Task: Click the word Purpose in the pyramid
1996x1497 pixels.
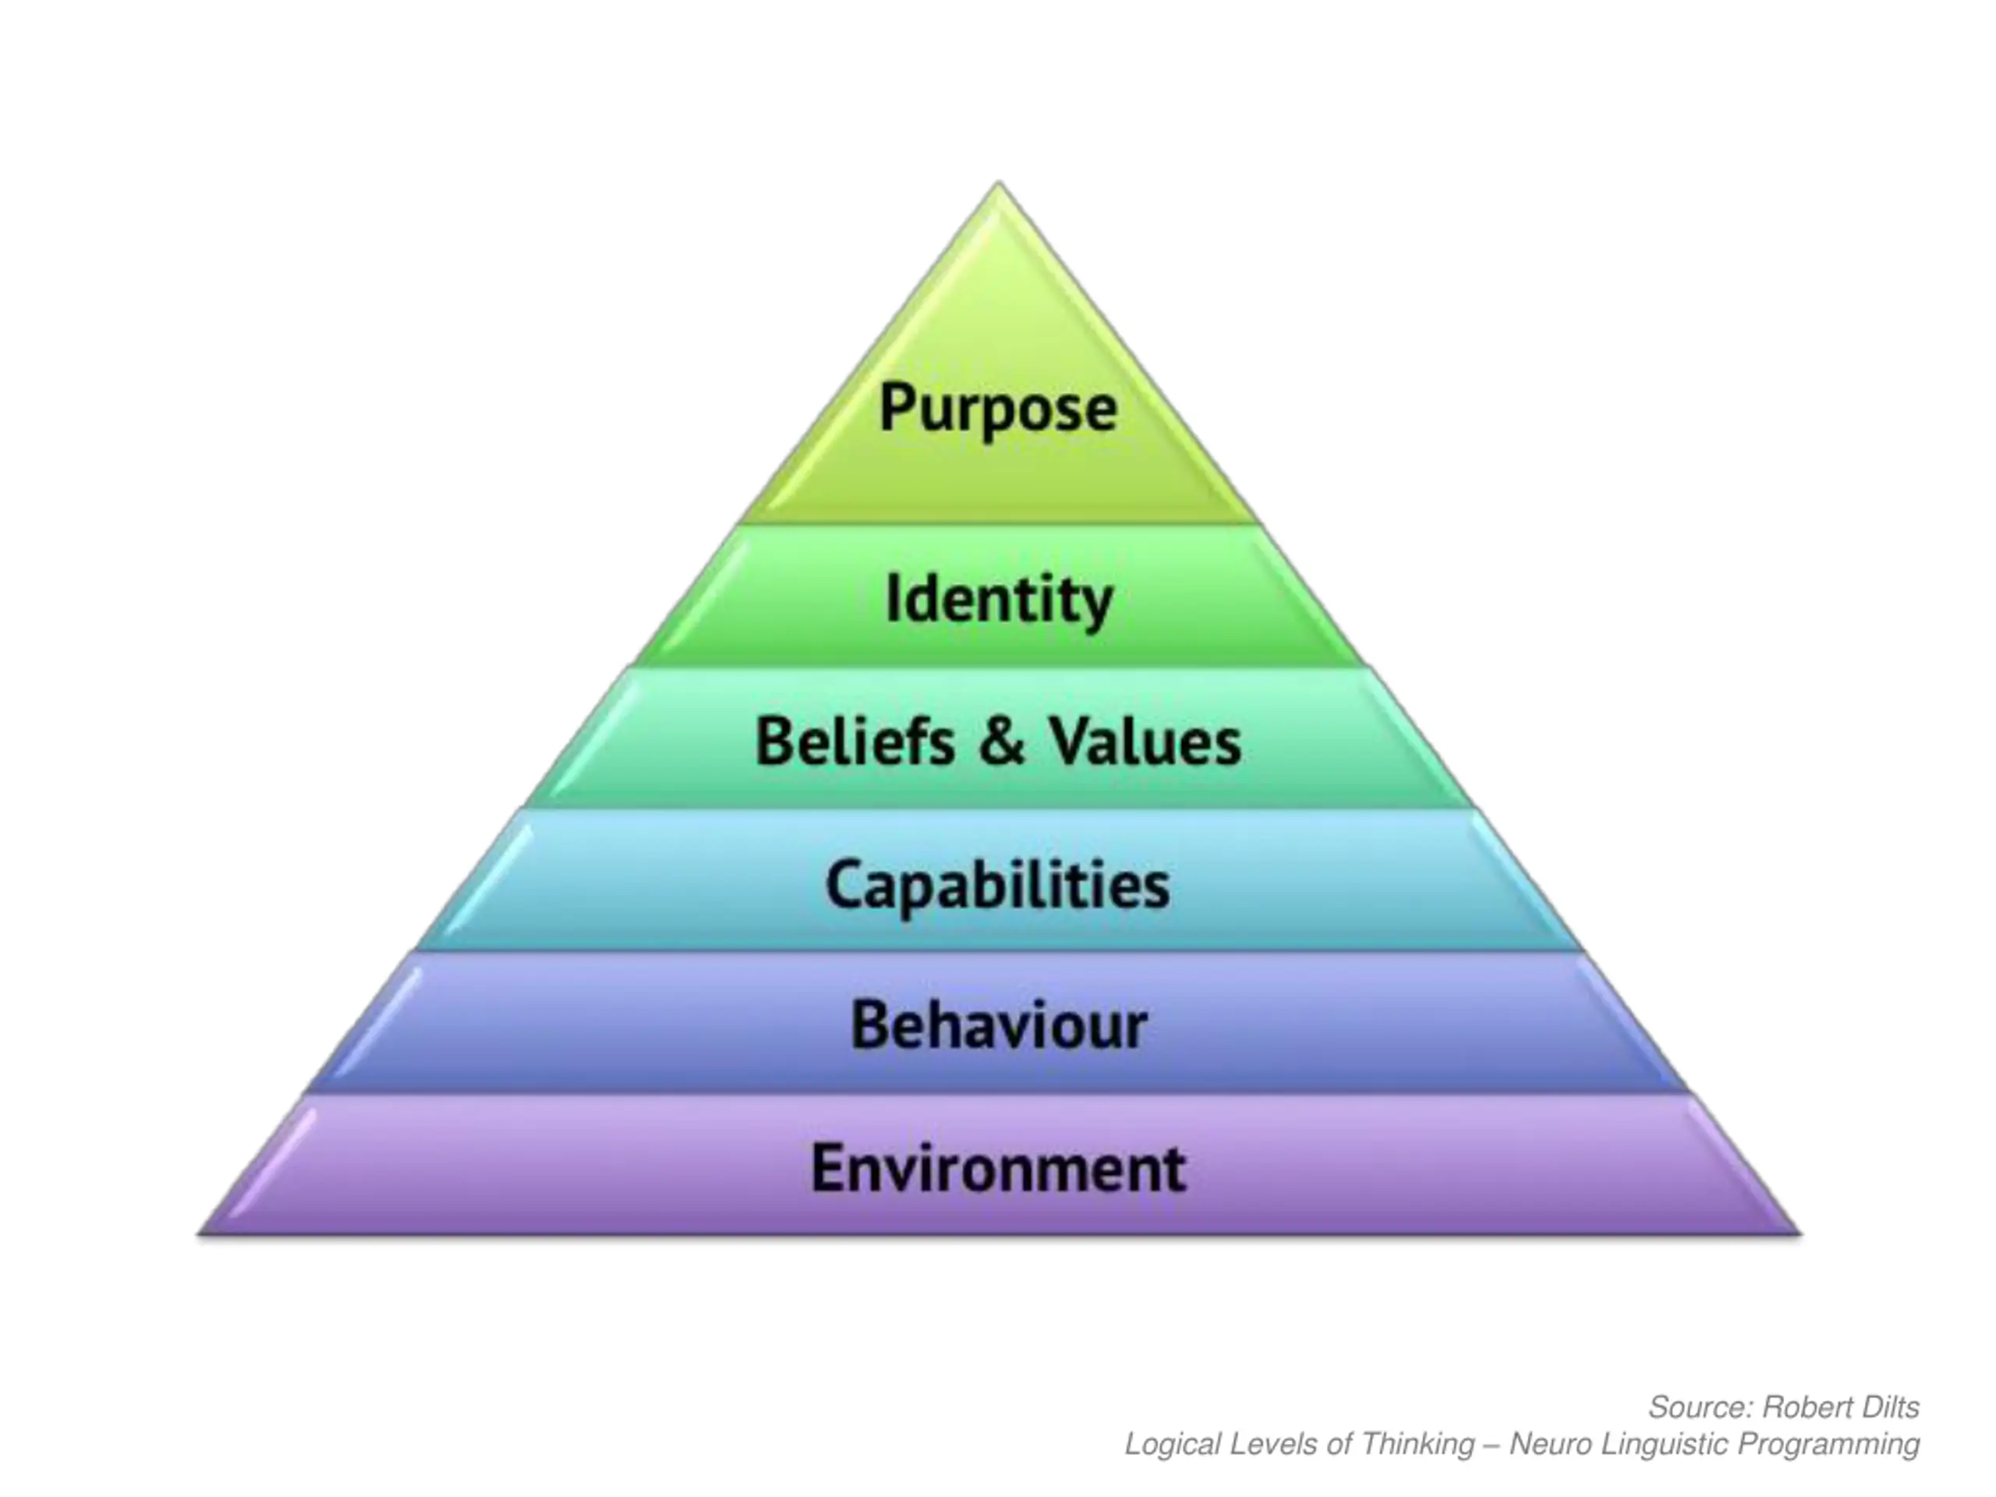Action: click(998, 409)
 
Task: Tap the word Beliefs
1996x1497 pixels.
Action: click(855, 741)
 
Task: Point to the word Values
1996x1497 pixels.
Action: click(1144, 741)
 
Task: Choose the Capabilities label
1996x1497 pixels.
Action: click(997, 885)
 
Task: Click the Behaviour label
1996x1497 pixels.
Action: click(998, 1026)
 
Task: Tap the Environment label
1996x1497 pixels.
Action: click(998, 1169)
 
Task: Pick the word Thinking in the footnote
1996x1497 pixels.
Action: click(1417, 1445)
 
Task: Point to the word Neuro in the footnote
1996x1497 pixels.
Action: click(1548, 1445)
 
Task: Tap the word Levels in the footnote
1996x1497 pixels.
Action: click(1272, 1445)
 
